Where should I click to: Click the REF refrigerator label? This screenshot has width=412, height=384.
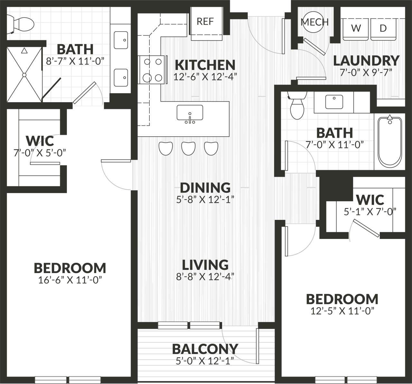(x=205, y=22)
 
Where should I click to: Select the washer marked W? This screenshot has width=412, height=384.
(x=356, y=28)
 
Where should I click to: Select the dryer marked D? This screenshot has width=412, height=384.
(x=383, y=28)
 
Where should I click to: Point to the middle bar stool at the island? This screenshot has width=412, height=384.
(x=189, y=148)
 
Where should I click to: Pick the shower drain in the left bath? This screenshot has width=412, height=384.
(x=24, y=75)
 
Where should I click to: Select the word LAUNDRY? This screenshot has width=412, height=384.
(x=366, y=61)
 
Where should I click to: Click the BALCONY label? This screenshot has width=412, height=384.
(x=205, y=349)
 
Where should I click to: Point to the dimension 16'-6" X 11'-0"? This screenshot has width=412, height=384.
(x=70, y=280)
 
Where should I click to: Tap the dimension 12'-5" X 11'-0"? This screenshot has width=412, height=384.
(x=342, y=311)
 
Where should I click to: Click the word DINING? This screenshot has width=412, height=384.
(x=205, y=188)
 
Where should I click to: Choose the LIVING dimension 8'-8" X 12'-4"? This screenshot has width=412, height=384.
(x=205, y=276)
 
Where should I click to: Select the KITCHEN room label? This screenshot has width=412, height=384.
(x=205, y=65)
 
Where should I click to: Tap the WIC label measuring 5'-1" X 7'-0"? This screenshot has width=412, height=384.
(x=370, y=200)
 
